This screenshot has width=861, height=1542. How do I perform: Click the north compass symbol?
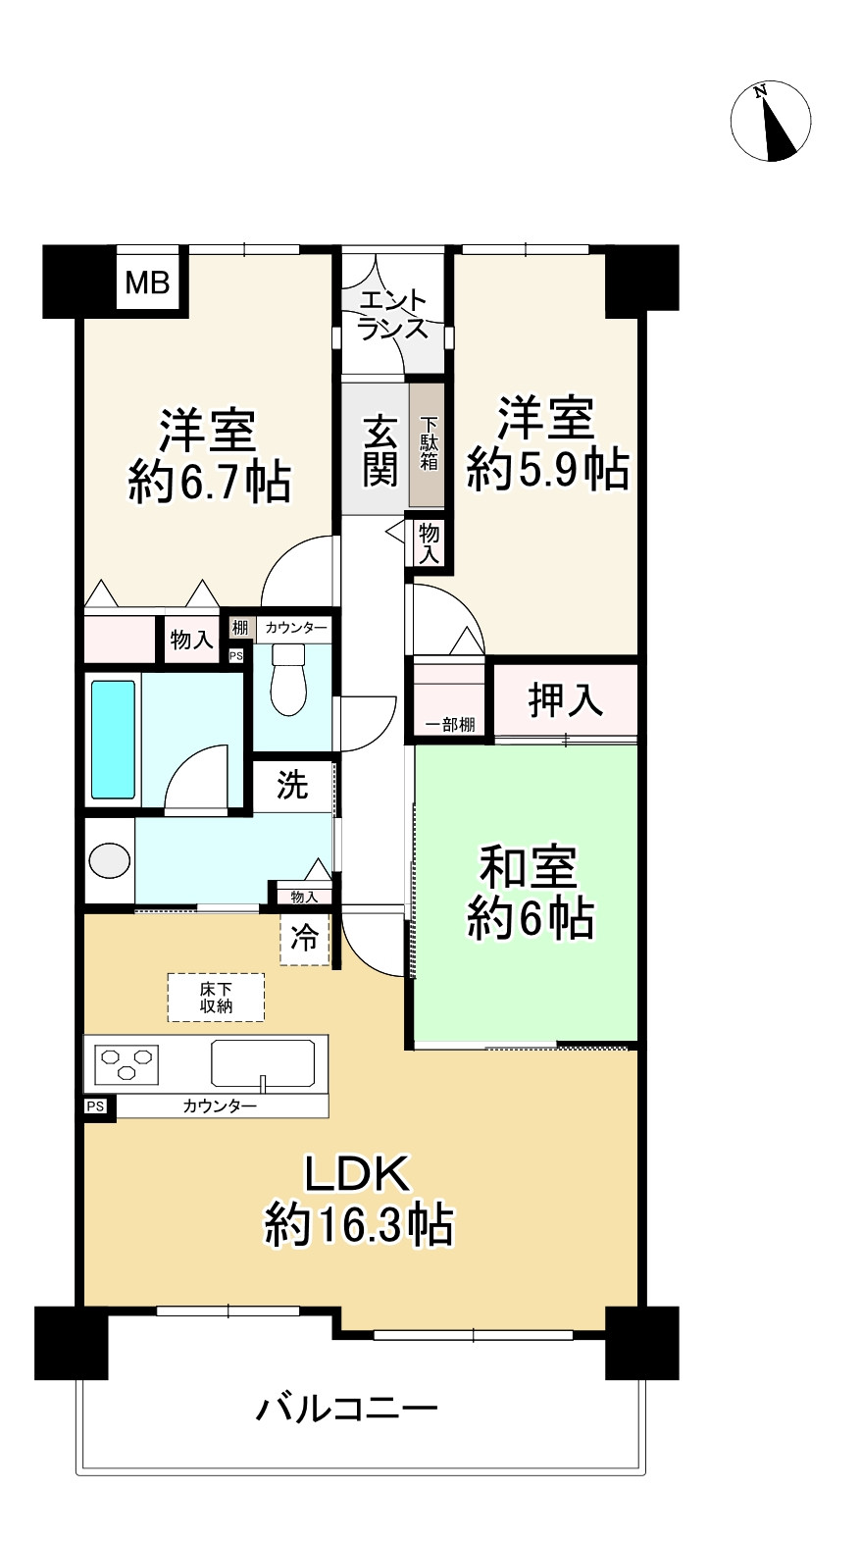[771, 122]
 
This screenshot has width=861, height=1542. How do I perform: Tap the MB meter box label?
[148, 283]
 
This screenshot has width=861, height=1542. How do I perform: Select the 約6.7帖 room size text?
[209, 483]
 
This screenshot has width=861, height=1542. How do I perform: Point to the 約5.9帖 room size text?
[548, 470]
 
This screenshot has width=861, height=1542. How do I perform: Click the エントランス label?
[393, 315]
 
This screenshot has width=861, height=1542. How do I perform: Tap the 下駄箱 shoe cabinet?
[428, 445]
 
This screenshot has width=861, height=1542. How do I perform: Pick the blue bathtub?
[113, 740]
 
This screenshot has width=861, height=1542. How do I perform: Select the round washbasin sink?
[110, 860]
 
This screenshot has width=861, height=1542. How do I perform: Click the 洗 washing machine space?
[292, 785]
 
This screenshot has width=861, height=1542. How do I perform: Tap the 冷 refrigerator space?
[305, 938]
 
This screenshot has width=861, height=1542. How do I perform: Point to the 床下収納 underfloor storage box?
[216, 998]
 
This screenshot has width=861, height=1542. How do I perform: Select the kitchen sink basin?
[263, 1063]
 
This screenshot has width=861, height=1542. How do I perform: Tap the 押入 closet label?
[566, 700]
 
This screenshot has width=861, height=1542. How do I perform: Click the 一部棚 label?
[449, 724]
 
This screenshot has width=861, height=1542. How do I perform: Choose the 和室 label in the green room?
[529, 867]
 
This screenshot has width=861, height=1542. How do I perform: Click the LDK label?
[358, 1174]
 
